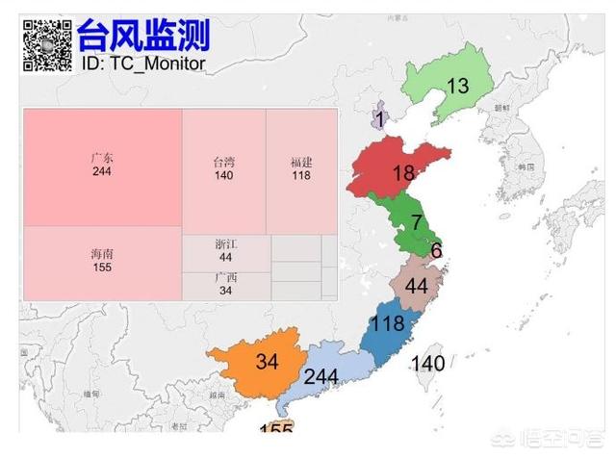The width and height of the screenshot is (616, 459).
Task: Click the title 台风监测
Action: pyautogui.click(x=143, y=36)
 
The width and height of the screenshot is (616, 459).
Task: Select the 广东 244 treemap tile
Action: pyautogui.click(x=102, y=166)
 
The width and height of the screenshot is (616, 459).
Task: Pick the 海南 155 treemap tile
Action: pyautogui.click(x=102, y=262)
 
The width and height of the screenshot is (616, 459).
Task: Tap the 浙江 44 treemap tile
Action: pyautogui.click(x=225, y=251)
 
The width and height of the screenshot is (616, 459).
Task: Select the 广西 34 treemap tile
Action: pyautogui.click(x=225, y=285)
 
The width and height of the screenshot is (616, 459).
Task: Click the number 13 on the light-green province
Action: pyautogui.click(x=457, y=86)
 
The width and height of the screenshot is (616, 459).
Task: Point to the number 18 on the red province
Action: pyautogui.click(x=403, y=173)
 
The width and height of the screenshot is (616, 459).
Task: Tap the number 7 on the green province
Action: pyautogui.click(x=417, y=222)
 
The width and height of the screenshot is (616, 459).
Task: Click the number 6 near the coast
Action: pyautogui.click(x=436, y=251)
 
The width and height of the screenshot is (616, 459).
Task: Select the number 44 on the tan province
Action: pyautogui.click(x=416, y=287)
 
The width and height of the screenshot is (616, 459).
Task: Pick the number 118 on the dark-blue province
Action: pyautogui.click(x=387, y=324)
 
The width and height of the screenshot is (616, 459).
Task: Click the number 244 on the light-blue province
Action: pyautogui.click(x=321, y=376)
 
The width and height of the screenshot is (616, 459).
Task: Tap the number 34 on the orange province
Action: pyautogui.click(x=267, y=362)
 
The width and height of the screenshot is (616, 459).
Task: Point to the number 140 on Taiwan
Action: pyautogui.click(x=427, y=363)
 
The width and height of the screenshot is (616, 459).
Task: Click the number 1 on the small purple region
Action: pyautogui.click(x=380, y=119)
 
